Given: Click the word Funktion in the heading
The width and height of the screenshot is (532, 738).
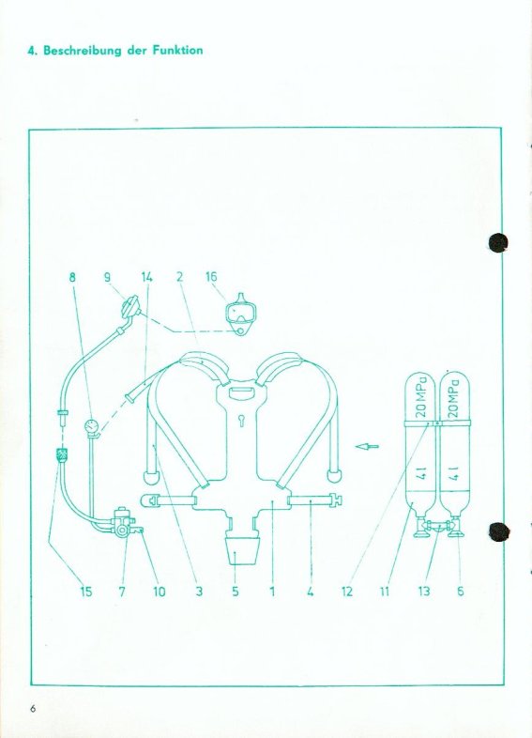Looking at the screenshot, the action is coord(177,51).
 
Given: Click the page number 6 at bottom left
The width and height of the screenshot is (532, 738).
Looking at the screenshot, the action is coord(33,709).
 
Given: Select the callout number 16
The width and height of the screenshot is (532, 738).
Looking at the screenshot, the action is coord(211,277).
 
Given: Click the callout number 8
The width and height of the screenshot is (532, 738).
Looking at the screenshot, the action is coord(72,277).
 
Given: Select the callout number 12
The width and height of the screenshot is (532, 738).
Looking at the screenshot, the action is coord(346,592).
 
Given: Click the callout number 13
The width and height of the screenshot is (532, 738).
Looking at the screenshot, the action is coord(424,592).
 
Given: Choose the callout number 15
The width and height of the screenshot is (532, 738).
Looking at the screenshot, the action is coord(85,592).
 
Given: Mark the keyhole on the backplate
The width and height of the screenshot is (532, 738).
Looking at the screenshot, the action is coord(241,420).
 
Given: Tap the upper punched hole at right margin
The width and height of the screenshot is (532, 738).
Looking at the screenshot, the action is coord(497,243).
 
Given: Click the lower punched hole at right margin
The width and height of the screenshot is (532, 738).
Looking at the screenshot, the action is coord(498,531).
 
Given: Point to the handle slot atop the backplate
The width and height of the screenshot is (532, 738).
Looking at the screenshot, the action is coord(241,392).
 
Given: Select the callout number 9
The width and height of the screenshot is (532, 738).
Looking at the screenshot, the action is coord(108,277).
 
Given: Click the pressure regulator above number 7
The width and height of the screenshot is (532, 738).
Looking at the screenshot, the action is coord(122,522).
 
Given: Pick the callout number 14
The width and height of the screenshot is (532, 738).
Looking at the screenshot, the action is coord(146,277).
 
